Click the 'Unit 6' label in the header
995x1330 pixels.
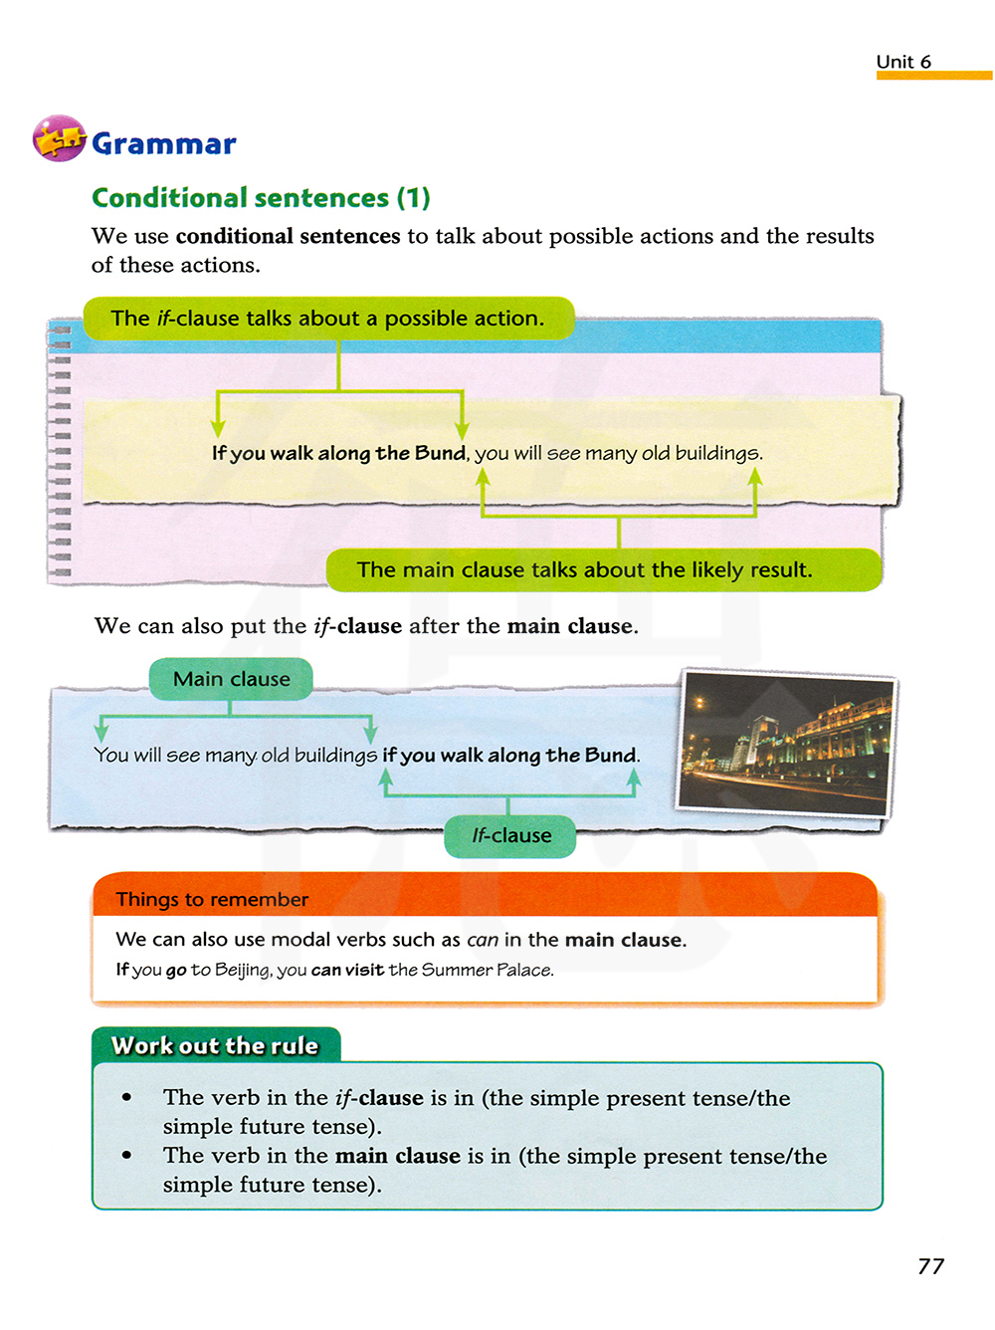pos(903,62)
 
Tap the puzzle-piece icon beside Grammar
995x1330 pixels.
pos(59,139)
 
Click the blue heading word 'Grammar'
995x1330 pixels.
pos(164,144)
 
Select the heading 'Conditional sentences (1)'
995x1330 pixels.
pos(261,198)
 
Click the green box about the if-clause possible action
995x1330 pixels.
pos(328,319)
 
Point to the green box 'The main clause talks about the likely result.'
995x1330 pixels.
pos(604,570)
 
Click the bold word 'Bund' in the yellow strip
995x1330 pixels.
pos(440,453)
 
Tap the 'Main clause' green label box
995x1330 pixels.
pos(231,679)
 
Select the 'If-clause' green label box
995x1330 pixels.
pos(510,836)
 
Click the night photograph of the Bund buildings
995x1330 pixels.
pos(786,742)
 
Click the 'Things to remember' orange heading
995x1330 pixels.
pos(212,900)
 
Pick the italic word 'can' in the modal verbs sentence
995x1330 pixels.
pos(483,940)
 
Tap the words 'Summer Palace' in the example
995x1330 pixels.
pos(487,971)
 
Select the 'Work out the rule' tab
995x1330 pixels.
pos(215,1045)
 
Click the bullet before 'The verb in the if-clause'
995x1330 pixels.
pos(126,1097)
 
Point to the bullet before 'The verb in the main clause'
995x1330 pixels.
pos(126,1155)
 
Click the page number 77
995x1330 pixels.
pos(930,1266)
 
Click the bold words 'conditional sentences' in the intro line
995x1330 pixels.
pos(288,237)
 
